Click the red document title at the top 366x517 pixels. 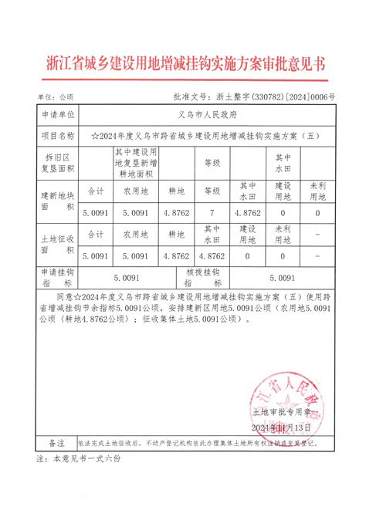pos(183,63)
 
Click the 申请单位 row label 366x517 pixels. pos(57,115)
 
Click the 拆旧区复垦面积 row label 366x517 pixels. pos(57,164)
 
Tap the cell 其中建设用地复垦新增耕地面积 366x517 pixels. pos(140,163)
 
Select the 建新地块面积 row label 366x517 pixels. pos(57,202)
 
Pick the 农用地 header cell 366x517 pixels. pos(140,190)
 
